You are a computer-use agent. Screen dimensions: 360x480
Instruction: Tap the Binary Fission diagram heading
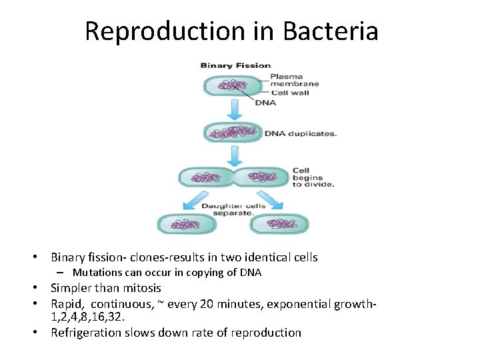coord(235,65)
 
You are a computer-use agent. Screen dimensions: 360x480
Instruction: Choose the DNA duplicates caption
coord(301,133)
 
